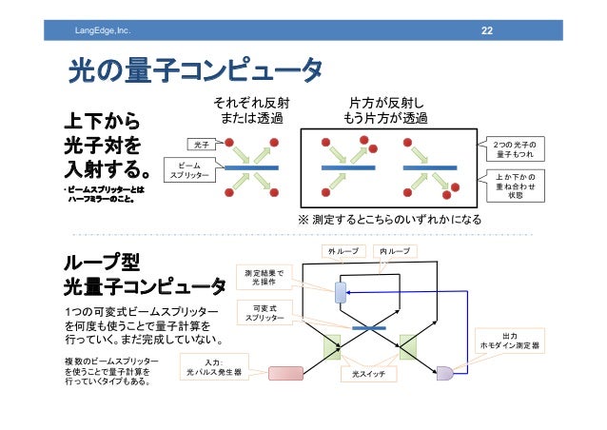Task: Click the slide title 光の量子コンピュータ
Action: pos(194,70)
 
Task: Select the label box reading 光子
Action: pos(200,145)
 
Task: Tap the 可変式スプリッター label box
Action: pos(264,313)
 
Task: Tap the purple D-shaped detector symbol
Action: pos(444,373)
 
